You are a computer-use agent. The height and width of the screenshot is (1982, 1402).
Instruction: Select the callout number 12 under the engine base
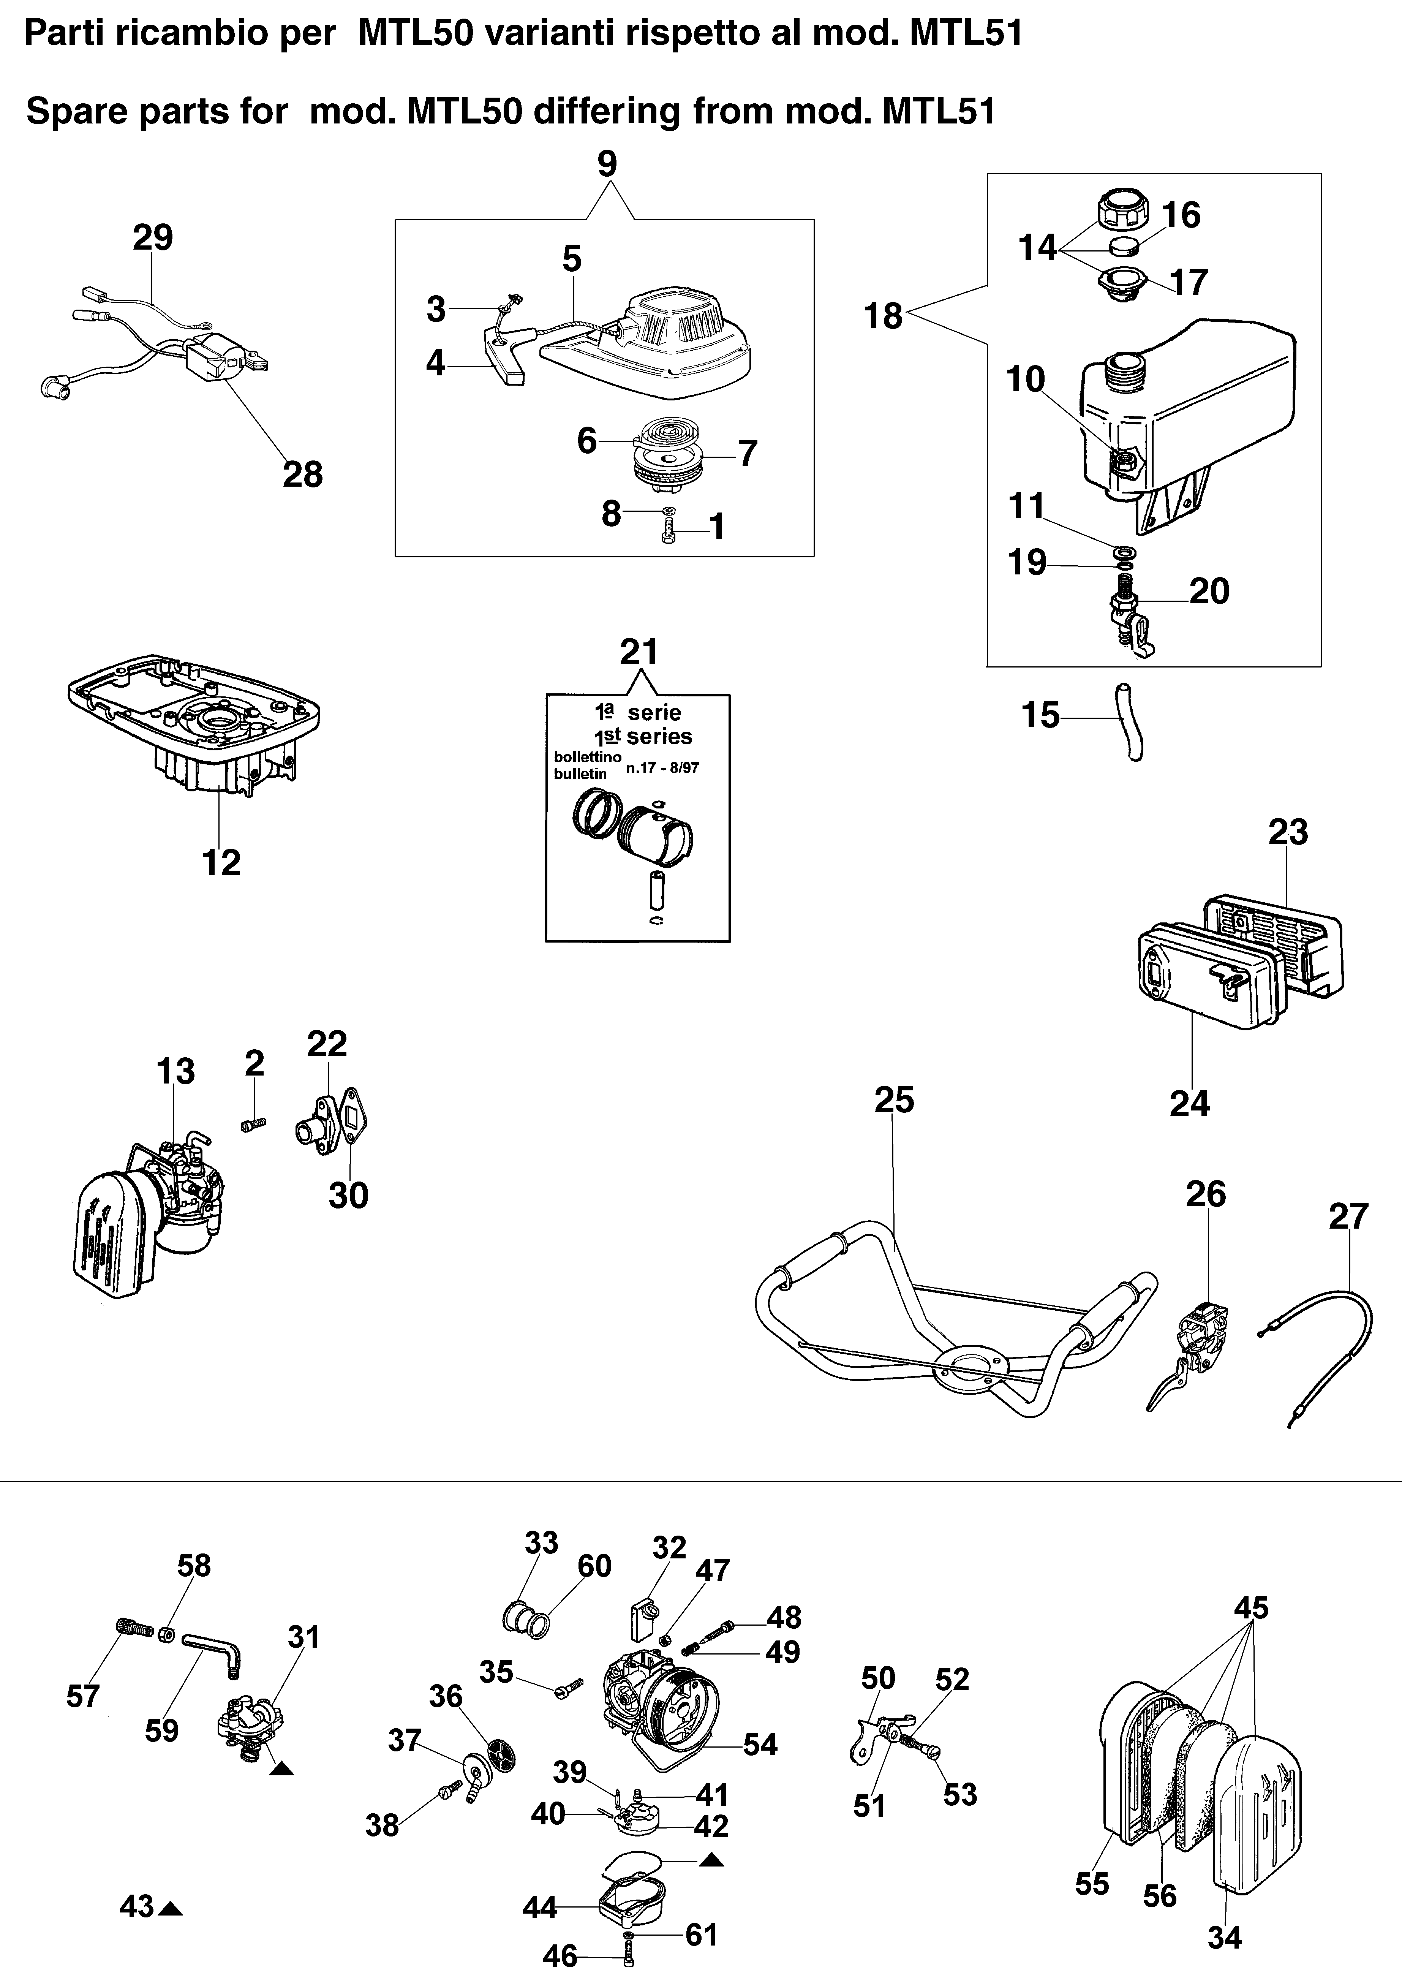click(221, 862)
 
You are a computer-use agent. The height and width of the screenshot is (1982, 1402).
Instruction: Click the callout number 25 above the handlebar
click(893, 1100)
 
